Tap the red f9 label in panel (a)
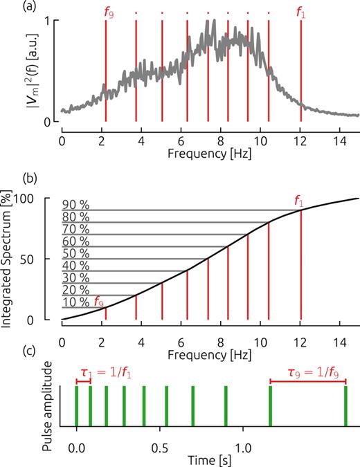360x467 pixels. click(x=105, y=12)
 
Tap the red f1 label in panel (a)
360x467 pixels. click(x=300, y=12)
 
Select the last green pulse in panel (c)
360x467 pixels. click(x=345, y=406)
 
